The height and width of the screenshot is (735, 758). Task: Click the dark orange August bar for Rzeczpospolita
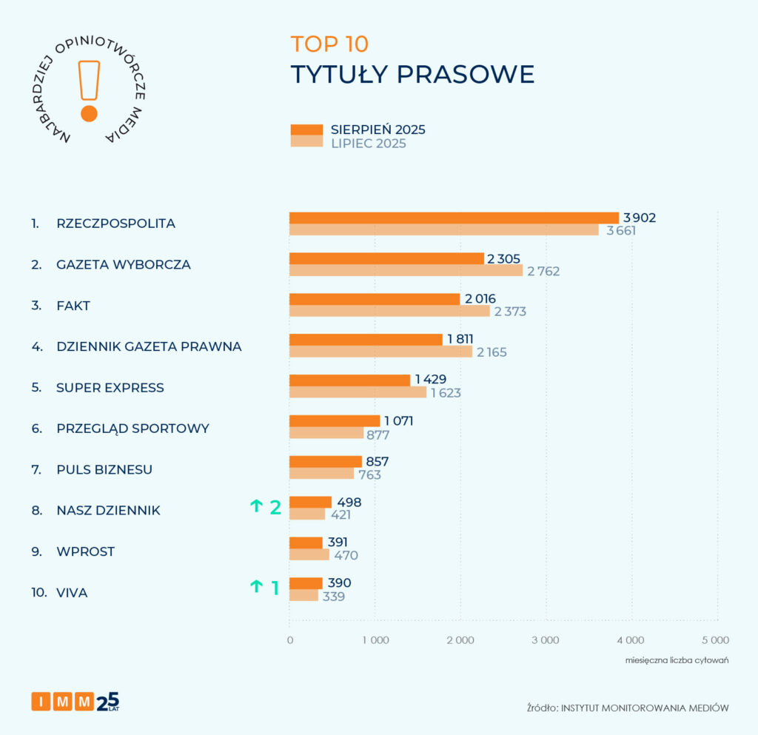pos(453,218)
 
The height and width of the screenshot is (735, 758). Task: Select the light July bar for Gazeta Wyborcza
pos(406,271)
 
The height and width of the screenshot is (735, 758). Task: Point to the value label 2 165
pos(492,352)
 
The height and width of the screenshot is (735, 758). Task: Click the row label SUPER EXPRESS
pos(110,388)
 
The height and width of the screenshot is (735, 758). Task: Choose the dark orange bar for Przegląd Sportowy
pos(334,421)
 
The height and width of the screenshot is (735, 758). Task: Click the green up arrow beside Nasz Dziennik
pos(256,506)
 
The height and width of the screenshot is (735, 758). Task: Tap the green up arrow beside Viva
pos(256,587)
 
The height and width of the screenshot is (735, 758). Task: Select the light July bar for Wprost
pos(309,554)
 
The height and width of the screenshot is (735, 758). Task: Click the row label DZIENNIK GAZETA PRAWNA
pos(149,346)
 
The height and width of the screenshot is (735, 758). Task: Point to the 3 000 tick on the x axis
pos(546,640)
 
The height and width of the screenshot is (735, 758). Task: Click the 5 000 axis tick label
pos(716,640)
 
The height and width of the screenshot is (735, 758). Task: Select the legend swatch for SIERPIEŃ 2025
pos(306,130)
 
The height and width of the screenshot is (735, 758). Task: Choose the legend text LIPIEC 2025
pos(368,144)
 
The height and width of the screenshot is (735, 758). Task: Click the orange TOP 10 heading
pos(329,44)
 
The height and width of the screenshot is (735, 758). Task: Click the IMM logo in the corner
pos(75,700)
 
